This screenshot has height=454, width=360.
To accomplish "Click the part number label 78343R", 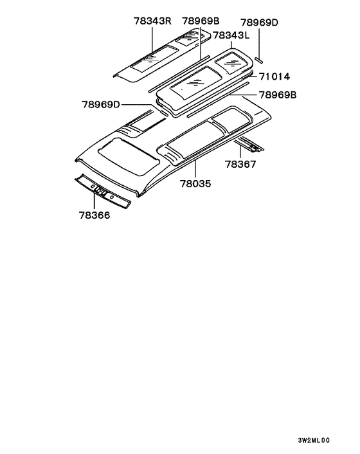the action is tap(152, 21).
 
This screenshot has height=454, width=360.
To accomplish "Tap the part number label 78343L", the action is tap(231, 35).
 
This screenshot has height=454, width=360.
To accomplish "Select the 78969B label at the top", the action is tap(201, 21).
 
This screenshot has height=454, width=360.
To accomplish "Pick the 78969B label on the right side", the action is tap(278, 95).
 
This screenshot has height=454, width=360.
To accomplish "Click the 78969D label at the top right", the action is tap(259, 23).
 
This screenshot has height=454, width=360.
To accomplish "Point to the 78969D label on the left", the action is tap(101, 104).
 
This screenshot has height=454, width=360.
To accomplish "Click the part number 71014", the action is tap(274, 77).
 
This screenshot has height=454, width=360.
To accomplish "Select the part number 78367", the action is tap(240, 164).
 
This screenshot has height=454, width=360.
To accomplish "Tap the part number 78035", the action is tap(195, 183).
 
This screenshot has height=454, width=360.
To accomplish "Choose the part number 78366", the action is tap(94, 215).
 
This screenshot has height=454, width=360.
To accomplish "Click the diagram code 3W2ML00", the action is tap(314, 440).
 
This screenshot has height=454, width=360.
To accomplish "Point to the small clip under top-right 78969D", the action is tap(258, 60).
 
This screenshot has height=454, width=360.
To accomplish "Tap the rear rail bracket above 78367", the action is tap(250, 145).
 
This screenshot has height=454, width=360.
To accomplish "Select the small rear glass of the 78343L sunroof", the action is tap(231, 63).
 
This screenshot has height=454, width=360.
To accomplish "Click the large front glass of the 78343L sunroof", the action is tap(195, 82).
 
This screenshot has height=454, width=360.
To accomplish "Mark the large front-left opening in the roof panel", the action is tap(129, 156).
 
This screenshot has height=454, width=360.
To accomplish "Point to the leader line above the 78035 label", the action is tap(195, 169).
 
